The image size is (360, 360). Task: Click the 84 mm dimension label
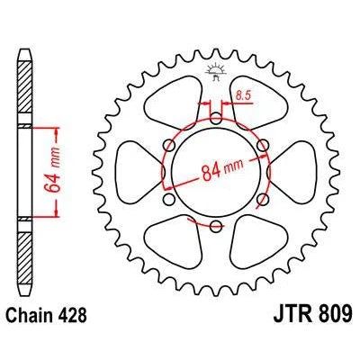[221, 169]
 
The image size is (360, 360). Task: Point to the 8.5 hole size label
[243, 96]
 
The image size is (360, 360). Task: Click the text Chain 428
[47, 315]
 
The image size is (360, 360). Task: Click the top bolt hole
[216, 119]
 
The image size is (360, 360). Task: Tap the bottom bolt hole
[216, 227]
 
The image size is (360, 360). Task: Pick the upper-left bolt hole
[169, 146]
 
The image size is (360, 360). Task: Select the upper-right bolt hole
[263, 146]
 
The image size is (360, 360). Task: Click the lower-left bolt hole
[169, 199]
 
